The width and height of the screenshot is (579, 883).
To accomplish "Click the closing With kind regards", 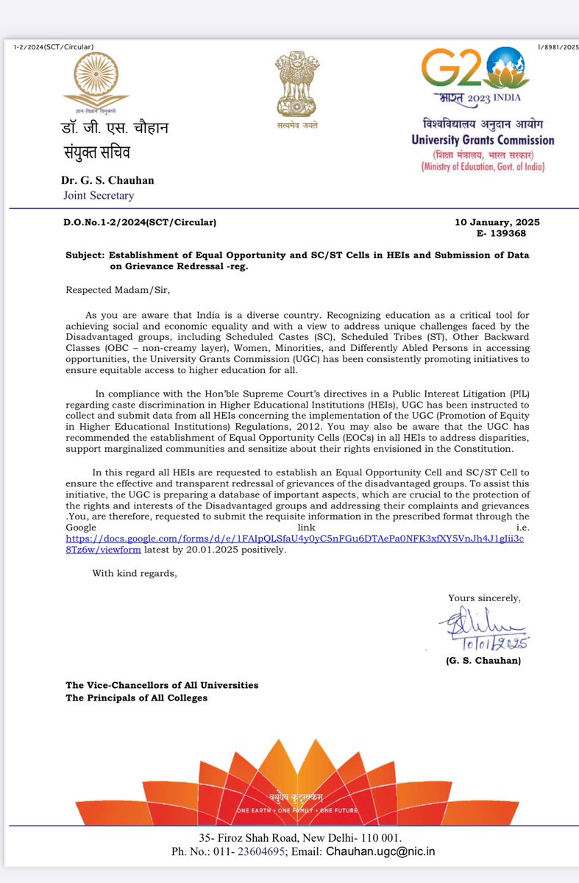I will click(135, 573).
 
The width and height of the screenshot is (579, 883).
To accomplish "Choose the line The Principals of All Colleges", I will click(137, 698).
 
